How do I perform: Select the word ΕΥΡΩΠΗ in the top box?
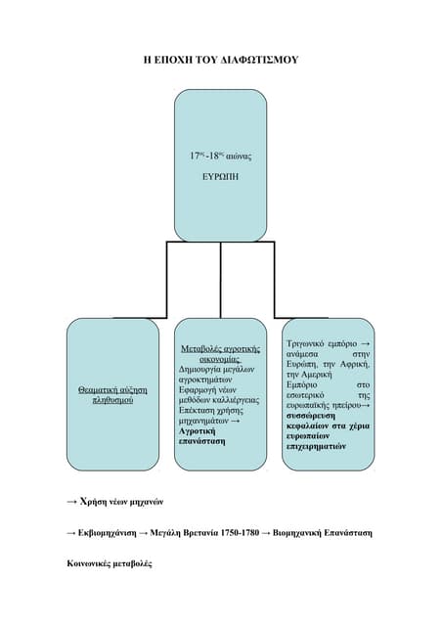tap(220, 177)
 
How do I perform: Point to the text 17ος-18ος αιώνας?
tap(220, 156)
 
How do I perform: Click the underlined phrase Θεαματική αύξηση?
tap(112, 389)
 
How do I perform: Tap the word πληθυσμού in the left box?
tap(112, 400)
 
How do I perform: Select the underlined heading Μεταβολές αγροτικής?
tap(220, 349)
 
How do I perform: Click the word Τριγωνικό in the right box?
tap(305, 343)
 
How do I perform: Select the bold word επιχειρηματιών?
tap(316, 447)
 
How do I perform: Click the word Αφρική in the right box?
tap(355, 364)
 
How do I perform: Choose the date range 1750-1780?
tap(240, 533)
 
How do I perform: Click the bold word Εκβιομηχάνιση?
tap(107, 533)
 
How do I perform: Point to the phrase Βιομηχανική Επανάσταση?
tap(323, 533)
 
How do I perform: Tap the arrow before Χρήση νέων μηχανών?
tap(71, 502)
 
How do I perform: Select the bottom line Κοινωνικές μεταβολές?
tap(110, 564)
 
